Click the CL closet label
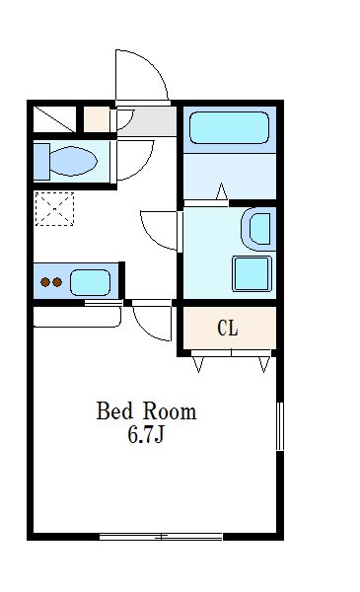click(x=228, y=329)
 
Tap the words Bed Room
click(x=146, y=411)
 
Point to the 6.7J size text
click(x=146, y=434)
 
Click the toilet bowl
click(x=73, y=161)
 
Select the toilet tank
click(x=41, y=161)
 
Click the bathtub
click(x=229, y=127)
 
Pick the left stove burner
click(x=45, y=282)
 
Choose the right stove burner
click(x=57, y=282)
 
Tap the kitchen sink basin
click(x=90, y=282)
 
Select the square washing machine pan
click(x=252, y=274)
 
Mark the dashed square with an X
click(x=54, y=209)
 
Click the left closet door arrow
click(x=198, y=365)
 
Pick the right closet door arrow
click(x=264, y=365)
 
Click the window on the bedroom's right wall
click(x=280, y=426)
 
